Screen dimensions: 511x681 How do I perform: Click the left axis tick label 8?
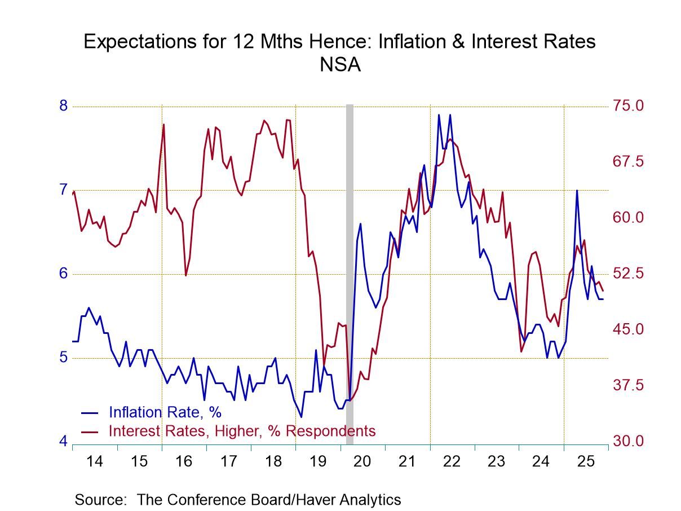pyautogui.click(x=63, y=106)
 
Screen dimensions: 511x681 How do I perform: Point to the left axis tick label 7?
pyautogui.click(x=63, y=190)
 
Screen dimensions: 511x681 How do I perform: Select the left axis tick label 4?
pyautogui.click(x=63, y=441)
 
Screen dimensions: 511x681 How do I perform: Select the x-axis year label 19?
pyautogui.click(x=318, y=462)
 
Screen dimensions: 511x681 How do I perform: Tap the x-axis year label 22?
pyautogui.click(x=452, y=462)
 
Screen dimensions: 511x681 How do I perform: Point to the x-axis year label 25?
pyautogui.click(x=586, y=462)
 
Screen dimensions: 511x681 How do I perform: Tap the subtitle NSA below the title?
pyautogui.click(x=340, y=65)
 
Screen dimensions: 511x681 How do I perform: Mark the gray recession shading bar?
pyautogui.click(x=350, y=254)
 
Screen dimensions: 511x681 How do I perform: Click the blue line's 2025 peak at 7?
pyautogui.click(x=576, y=191)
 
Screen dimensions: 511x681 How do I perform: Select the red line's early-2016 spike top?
pyautogui.click(x=163, y=124)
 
